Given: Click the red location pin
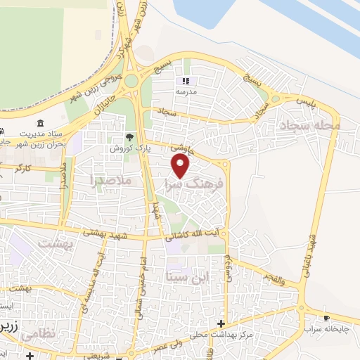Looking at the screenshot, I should (x=181, y=166).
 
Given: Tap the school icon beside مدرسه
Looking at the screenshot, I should (x=186, y=81).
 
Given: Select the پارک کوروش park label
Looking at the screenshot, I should (x=126, y=148).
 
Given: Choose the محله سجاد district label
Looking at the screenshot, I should (x=309, y=124).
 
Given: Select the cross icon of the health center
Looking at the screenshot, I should (x=221, y=324).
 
